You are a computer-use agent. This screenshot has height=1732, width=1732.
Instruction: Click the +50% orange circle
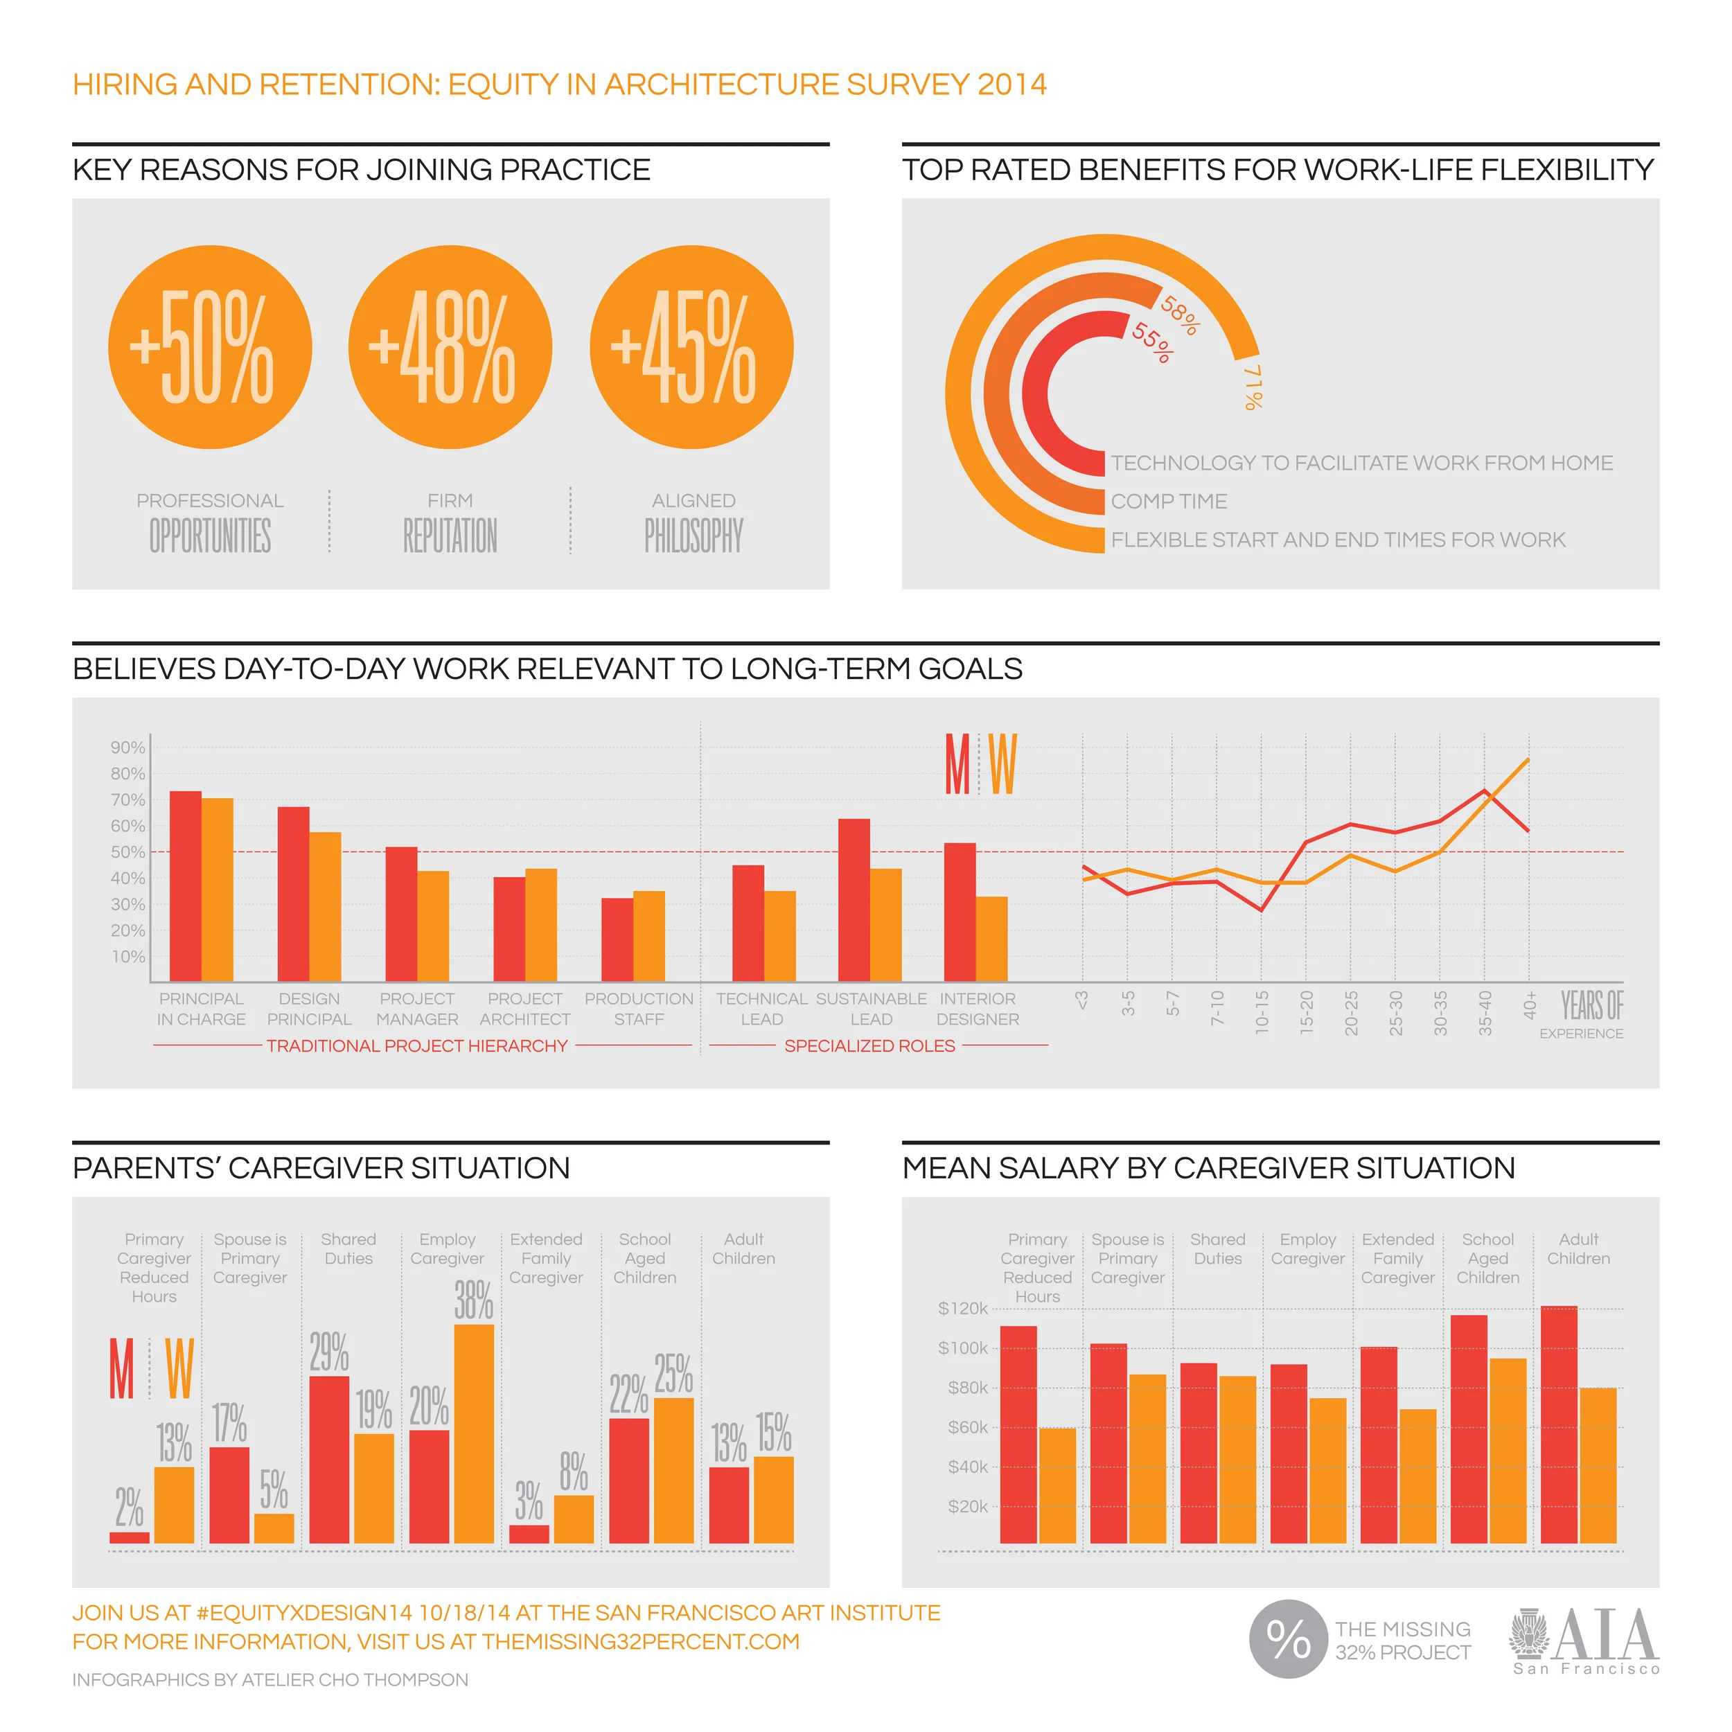[x=210, y=347]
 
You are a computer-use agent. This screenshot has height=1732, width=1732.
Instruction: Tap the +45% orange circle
[x=691, y=347]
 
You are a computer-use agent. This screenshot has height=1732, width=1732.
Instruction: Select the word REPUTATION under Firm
[x=450, y=536]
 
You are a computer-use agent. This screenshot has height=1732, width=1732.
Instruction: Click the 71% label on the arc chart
[x=1253, y=387]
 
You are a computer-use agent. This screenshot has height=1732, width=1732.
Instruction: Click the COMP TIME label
[x=1169, y=501]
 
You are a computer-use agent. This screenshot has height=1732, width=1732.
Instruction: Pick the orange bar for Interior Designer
[x=991, y=939]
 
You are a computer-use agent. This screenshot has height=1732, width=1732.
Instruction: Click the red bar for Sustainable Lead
[x=854, y=900]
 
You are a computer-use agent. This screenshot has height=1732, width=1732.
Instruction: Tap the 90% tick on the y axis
[x=127, y=747]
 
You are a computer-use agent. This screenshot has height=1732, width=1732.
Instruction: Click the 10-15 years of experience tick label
[x=1262, y=1012]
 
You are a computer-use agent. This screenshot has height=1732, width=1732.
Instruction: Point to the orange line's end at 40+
[x=1528, y=760]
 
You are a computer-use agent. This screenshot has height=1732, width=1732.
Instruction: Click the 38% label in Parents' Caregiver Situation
[x=473, y=1300]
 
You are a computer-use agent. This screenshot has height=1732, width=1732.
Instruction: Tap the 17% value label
[x=229, y=1424]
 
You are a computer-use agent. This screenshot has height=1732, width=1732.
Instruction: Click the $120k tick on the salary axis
[x=963, y=1308]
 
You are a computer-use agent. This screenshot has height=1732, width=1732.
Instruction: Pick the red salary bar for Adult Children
[x=1559, y=1424]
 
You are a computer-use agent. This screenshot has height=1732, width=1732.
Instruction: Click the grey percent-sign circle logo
[x=1288, y=1638]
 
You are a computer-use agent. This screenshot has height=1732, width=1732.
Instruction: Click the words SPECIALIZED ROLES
[x=869, y=1045]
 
